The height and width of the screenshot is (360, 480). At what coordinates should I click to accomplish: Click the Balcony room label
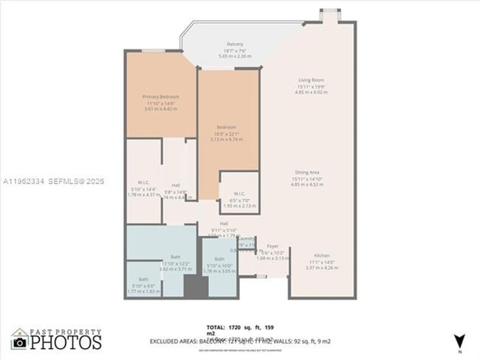(235, 44)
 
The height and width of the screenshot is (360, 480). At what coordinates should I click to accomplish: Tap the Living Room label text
(312, 80)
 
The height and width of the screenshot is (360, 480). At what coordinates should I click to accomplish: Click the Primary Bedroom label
(161, 97)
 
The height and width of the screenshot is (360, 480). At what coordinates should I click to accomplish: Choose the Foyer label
(272, 246)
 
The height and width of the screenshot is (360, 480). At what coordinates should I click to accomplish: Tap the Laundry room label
(247, 238)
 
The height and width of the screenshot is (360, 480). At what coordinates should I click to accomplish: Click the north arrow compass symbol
(460, 340)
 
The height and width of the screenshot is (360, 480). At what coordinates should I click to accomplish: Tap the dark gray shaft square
(193, 287)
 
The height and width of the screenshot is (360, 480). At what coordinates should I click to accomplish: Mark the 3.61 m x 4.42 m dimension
(161, 109)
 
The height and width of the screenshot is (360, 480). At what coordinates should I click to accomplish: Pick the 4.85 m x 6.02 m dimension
(312, 92)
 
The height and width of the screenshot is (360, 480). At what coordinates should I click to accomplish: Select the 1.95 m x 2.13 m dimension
(239, 206)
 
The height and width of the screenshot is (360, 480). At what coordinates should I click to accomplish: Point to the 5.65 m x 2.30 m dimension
(235, 56)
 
